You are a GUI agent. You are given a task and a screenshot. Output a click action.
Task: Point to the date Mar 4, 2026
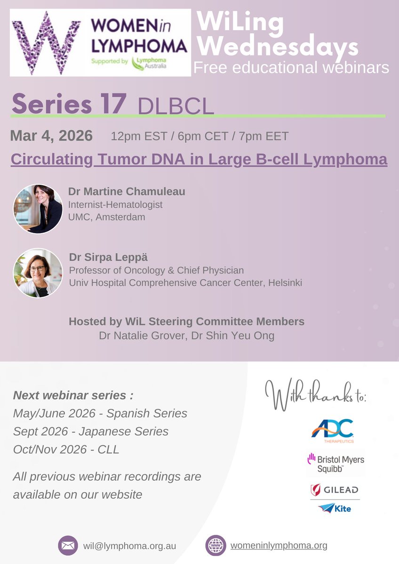coord(51,136)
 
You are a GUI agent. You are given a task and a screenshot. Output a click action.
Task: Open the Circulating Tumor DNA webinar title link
coord(199,159)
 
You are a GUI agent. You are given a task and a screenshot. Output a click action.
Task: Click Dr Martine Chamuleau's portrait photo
coord(38,209)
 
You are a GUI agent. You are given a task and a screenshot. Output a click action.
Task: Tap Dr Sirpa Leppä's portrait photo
coord(38,273)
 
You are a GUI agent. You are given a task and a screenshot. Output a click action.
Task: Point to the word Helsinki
coord(283,282)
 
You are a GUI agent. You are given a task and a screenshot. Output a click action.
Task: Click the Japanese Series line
coord(91,431)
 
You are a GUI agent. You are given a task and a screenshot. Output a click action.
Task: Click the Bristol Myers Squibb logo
coord(335,463)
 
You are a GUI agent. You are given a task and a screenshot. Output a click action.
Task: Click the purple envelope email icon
coord(68,546)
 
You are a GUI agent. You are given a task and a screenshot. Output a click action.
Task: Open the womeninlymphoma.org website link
coord(279,546)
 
